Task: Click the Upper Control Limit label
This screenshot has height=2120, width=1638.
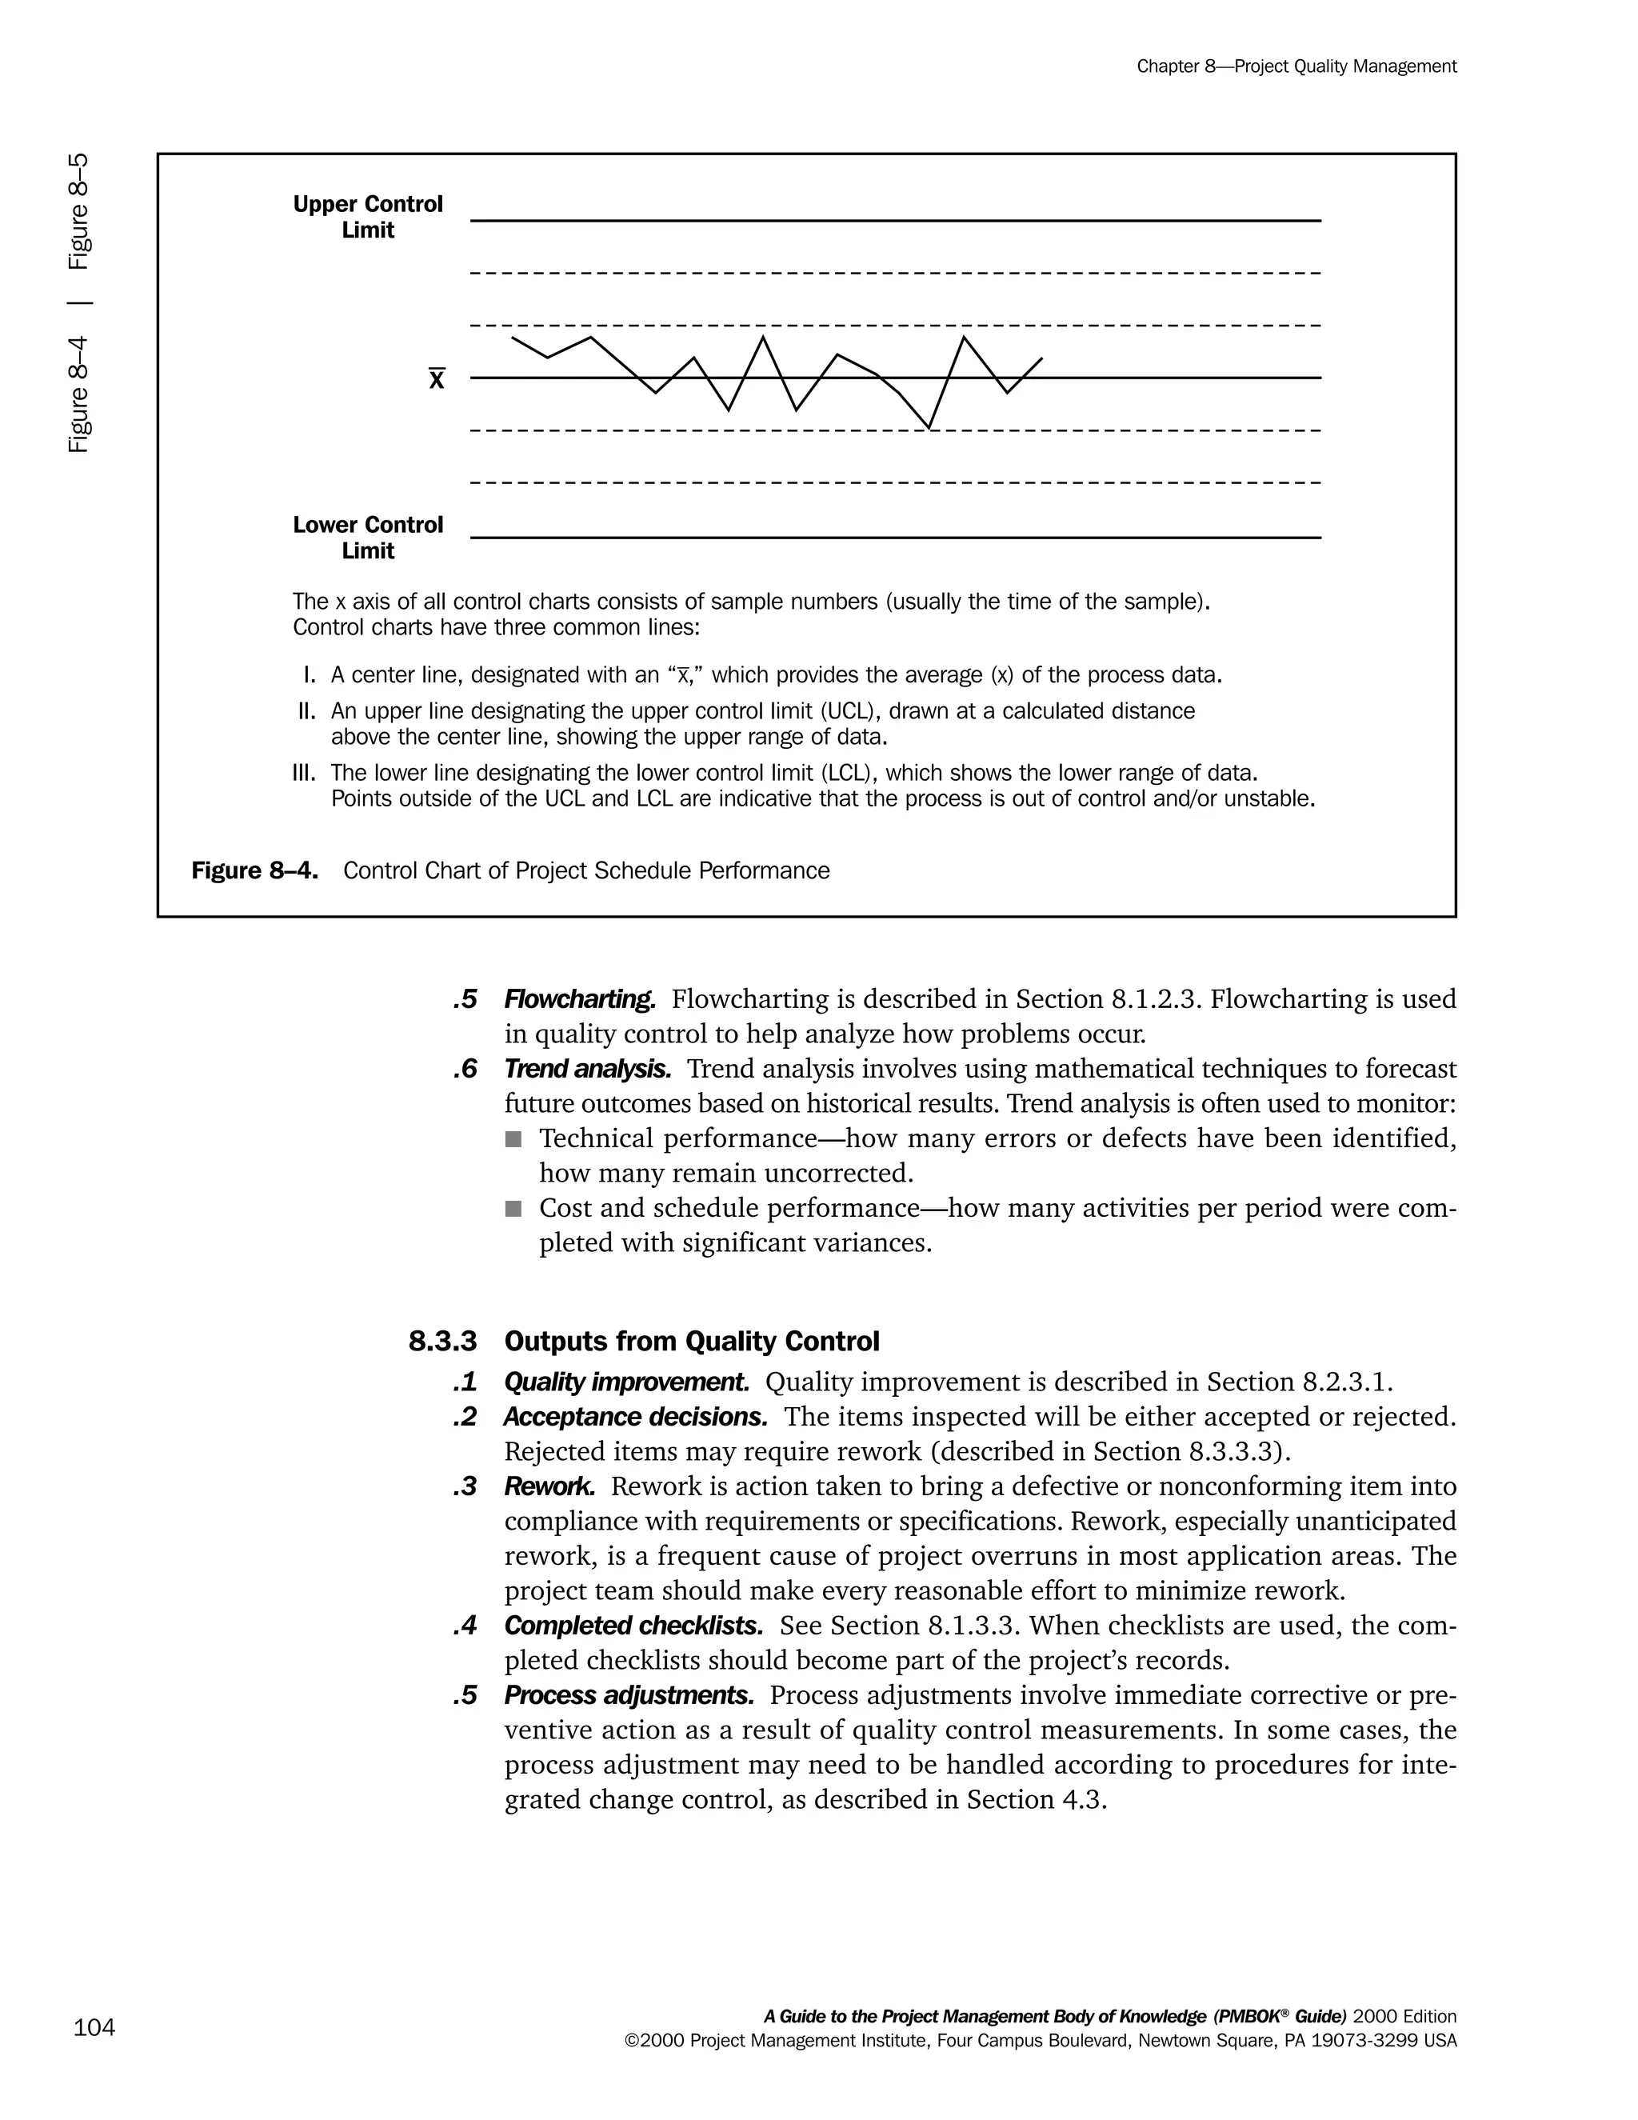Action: click(x=368, y=217)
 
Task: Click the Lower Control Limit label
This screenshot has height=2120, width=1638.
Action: click(x=368, y=537)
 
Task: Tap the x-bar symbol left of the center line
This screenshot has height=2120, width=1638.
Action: click(x=437, y=379)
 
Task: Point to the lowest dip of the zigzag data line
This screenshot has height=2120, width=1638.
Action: click(x=929, y=426)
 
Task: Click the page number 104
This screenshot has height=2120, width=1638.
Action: click(x=94, y=2028)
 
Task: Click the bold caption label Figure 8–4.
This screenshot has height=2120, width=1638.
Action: click(x=254, y=870)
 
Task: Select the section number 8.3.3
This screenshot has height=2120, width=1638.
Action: click(x=442, y=1342)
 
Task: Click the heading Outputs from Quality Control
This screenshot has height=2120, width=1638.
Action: click(x=692, y=1342)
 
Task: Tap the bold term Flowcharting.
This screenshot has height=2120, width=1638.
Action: click(x=579, y=999)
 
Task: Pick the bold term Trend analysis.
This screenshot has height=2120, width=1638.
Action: click(x=587, y=1069)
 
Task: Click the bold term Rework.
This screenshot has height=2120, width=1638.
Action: click(x=549, y=1486)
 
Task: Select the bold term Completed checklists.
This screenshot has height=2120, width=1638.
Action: click(x=633, y=1626)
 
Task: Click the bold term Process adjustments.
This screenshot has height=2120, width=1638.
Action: click(x=629, y=1696)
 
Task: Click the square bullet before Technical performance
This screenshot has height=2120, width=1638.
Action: click(x=513, y=1138)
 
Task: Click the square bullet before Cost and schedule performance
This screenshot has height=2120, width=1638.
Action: click(x=513, y=1209)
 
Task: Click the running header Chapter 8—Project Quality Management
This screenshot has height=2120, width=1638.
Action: click(x=1296, y=66)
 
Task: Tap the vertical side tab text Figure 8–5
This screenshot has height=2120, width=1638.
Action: click(x=79, y=210)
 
